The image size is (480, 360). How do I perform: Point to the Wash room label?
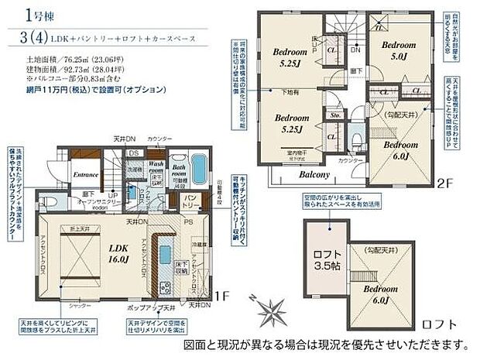[x=157, y=168]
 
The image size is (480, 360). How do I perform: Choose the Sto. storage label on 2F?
[x=336, y=116]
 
